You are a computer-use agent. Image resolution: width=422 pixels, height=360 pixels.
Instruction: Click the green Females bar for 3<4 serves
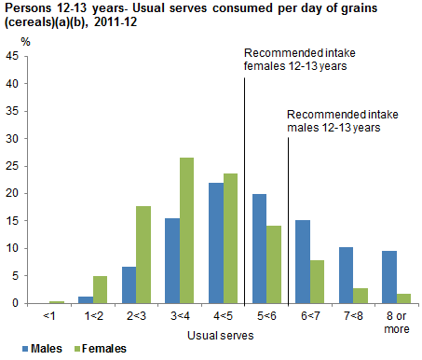pyautogui.click(x=186, y=230)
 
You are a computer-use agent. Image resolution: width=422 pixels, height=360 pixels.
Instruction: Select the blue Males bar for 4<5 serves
pyautogui.click(x=215, y=242)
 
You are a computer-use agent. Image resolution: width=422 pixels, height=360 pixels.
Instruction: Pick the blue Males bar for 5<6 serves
pyautogui.click(x=259, y=248)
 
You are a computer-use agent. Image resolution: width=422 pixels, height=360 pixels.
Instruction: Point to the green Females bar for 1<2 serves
pyautogui.click(x=100, y=289)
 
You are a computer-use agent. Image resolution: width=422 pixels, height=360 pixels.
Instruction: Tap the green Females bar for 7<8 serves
pyautogui.click(x=361, y=296)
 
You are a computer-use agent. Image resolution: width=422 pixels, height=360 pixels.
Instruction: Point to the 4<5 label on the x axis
pyautogui.click(x=225, y=315)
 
